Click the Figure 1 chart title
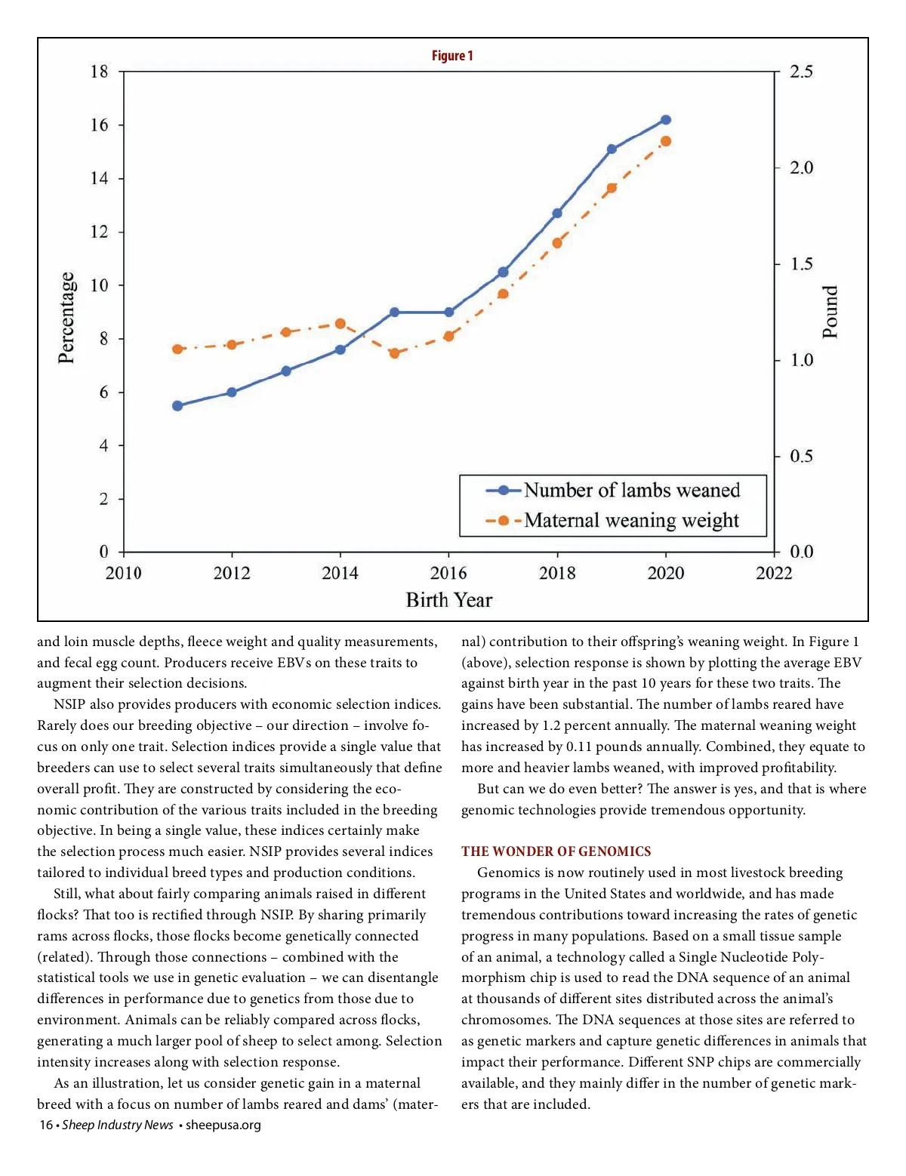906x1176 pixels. pos(452,56)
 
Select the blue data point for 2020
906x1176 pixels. pos(666,120)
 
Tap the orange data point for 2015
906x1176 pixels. pos(394,353)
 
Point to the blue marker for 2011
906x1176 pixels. pos(177,406)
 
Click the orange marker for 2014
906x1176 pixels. pos(341,324)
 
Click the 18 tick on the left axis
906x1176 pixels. pos(99,72)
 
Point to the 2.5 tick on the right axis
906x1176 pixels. pos(801,72)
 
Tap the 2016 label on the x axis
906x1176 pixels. pos(448,574)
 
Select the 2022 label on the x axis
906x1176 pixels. pos(774,574)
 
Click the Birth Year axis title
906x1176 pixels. pos(448,600)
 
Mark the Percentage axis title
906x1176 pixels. pos(67,318)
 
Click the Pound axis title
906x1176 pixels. pos(830,312)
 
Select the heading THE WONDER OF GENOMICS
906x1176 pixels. pos(556,851)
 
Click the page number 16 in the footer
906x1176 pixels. pos(46,1125)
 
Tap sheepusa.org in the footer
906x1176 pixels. pos(223,1125)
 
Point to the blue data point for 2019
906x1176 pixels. pos(612,149)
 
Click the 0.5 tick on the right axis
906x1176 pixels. pos(801,457)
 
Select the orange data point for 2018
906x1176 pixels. pos(557,243)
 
